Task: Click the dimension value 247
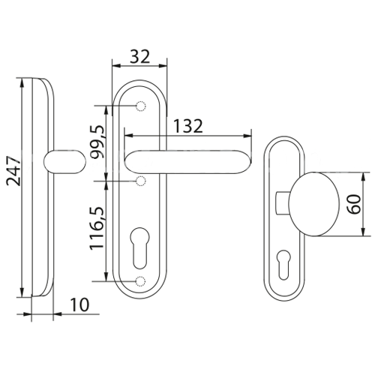coord(13,171)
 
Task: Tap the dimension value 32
coord(140,57)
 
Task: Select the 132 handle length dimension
coord(188,126)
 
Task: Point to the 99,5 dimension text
coord(97,142)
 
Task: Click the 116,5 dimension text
coord(97,228)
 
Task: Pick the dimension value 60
coord(355,204)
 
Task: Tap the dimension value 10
coord(79,304)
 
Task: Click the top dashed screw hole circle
coord(141,106)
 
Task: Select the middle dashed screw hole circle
coord(141,181)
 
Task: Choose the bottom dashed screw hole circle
coord(140,281)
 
